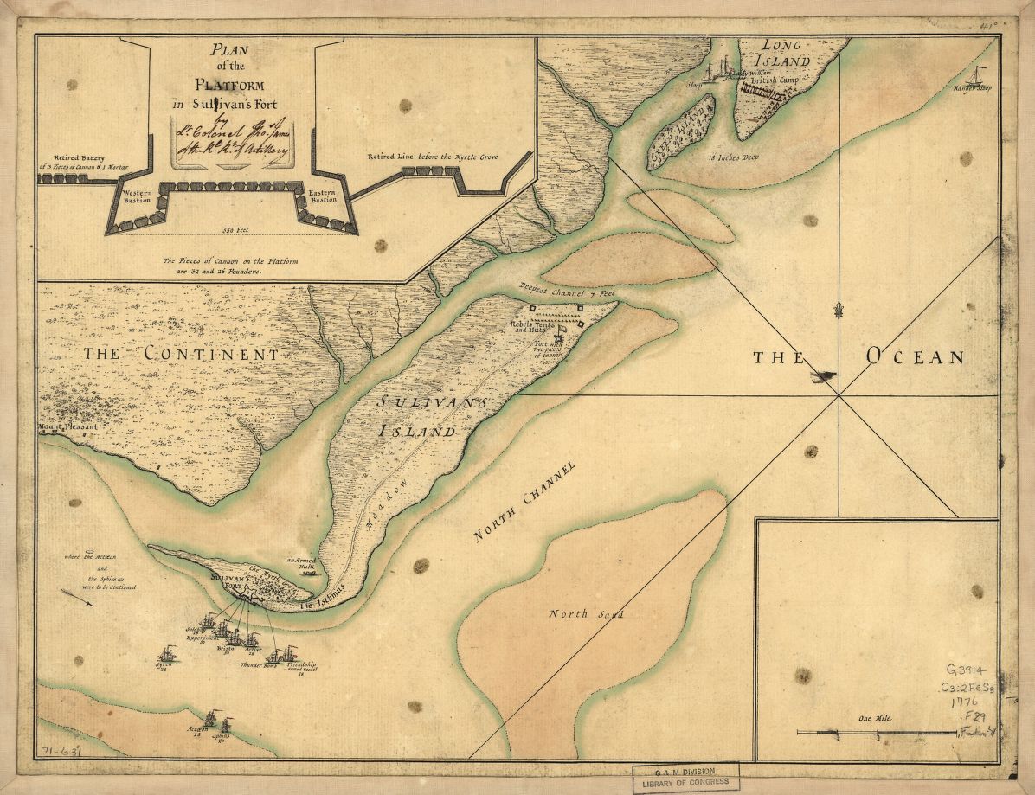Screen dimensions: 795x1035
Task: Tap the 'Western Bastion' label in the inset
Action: [136, 196]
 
